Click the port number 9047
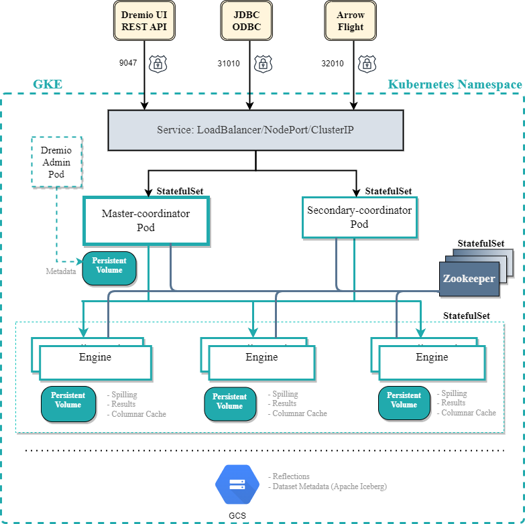tap(128, 64)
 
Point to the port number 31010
tap(229, 64)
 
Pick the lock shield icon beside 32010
tap(366, 64)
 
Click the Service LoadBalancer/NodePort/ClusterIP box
tap(255, 129)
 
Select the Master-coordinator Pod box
tap(146, 220)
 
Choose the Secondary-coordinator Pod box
tap(359, 217)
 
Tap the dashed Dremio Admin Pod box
tap(56, 161)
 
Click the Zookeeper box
tap(469, 279)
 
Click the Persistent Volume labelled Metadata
tap(109, 267)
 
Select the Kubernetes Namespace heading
tap(455, 84)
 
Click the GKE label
tap(48, 84)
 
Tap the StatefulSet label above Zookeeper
tap(481, 243)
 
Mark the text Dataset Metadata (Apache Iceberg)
tap(329, 486)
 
